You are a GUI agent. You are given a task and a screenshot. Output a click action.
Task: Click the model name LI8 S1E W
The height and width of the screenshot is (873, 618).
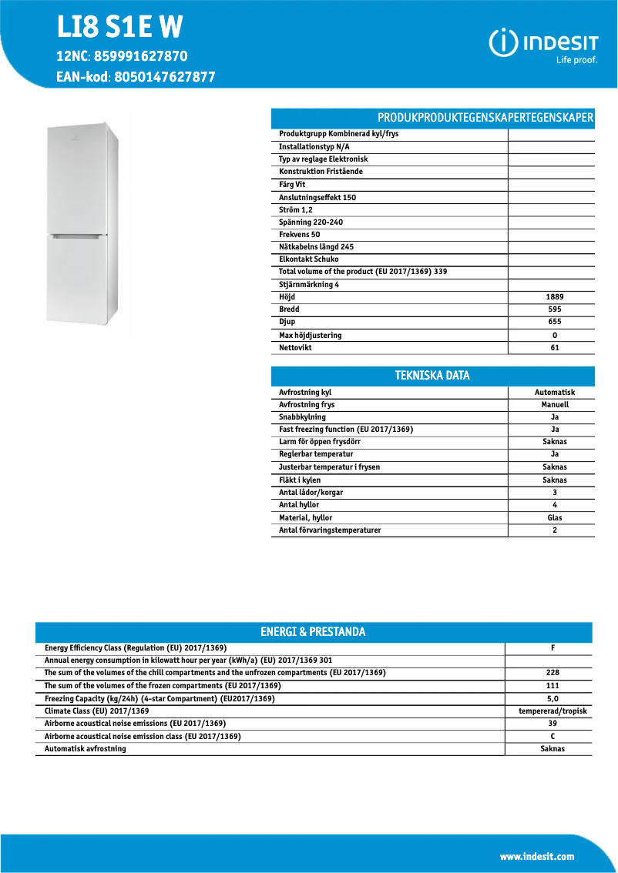click(x=119, y=28)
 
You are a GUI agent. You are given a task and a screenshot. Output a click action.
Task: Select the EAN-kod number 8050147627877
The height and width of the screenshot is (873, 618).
click(x=164, y=77)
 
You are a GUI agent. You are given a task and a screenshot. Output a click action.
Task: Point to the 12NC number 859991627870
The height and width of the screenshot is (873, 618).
click(x=140, y=56)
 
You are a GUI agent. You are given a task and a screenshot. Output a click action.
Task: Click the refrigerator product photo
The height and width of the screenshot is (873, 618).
click(x=82, y=225)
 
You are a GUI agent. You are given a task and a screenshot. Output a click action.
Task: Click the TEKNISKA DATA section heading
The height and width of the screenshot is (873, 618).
click(x=432, y=376)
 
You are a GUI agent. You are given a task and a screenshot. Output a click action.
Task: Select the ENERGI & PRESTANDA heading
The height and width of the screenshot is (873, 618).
click(x=313, y=632)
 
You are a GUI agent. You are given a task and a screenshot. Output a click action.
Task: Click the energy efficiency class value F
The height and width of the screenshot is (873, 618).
click(x=553, y=648)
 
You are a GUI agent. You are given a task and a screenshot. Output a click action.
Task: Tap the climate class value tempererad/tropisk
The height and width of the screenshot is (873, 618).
click(x=553, y=711)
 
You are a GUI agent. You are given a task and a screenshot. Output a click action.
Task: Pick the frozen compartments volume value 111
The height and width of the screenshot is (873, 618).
click(x=553, y=686)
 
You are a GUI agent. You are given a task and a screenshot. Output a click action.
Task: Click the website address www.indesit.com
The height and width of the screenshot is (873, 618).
click(x=537, y=857)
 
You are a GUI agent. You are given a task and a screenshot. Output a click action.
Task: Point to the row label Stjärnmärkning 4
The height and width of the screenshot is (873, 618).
click(x=309, y=284)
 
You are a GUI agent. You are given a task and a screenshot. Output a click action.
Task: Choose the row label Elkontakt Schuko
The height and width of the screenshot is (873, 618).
click(x=308, y=259)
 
